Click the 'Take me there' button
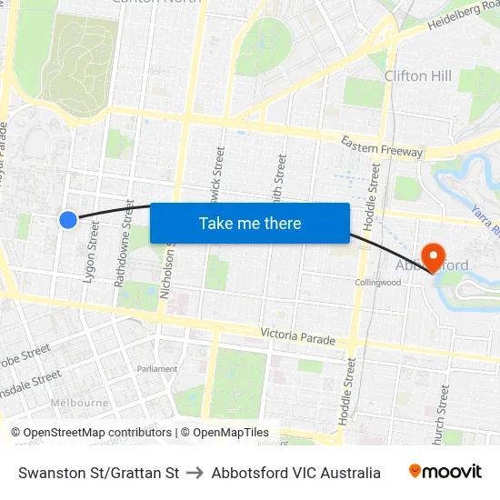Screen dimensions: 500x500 click(249, 224)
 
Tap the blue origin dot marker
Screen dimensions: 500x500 click(68, 219)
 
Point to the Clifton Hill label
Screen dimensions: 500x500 click(418, 75)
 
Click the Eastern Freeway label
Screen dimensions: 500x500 click(382, 145)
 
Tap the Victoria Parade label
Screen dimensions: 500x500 click(296, 336)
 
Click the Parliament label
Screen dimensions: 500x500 click(156, 369)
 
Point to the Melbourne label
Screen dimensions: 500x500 click(79, 402)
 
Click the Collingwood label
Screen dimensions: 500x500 click(377, 283)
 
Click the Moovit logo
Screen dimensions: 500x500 click(445, 472)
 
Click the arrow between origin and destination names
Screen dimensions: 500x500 click(195, 473)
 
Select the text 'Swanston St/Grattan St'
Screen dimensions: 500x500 click(98, 473)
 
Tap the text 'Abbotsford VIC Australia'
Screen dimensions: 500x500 click(296, 473)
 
